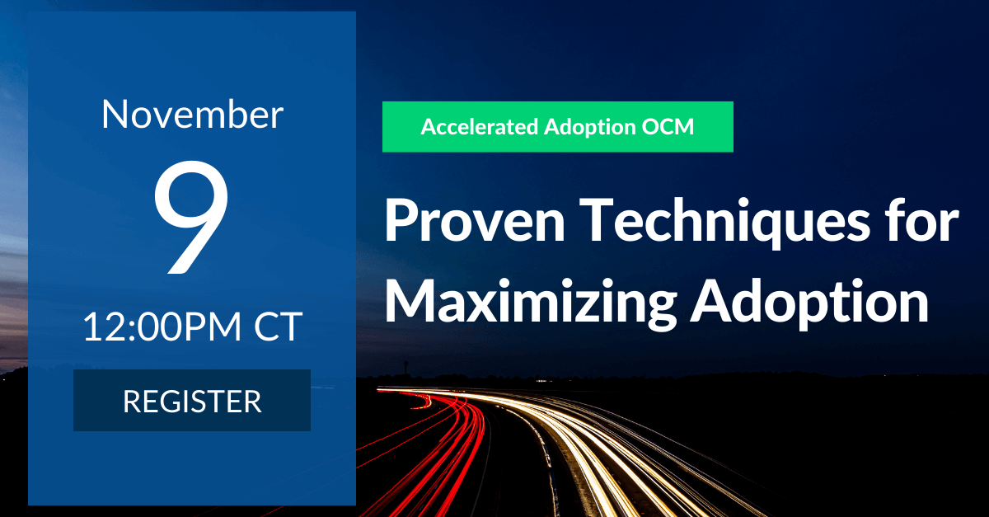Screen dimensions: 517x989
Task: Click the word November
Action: coord(192,115)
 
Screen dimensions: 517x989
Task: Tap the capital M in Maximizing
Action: coord(410,299)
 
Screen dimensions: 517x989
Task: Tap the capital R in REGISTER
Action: coord(132,402)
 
